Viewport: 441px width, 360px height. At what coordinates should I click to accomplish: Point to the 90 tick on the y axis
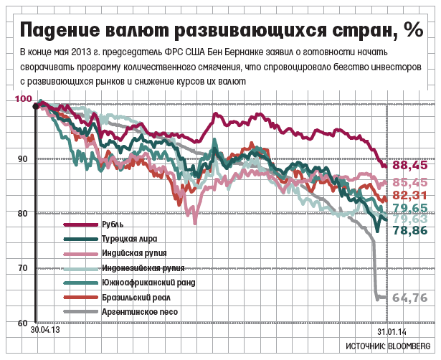pyautogui.click(x=22, y=159)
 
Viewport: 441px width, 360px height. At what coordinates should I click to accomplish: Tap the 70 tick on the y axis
pyautogui.click(x=22, y=268)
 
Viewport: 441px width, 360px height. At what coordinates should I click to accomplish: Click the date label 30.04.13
pyautogui.click(x=44, y=332)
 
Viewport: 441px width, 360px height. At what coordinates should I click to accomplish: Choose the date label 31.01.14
pyautogui.click(x=392, y=333)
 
